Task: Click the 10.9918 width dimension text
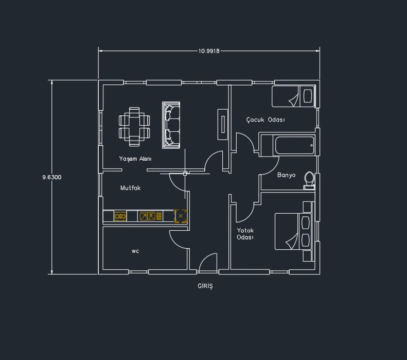[x=209, y=51]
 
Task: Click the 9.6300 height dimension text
[x=52, y=177]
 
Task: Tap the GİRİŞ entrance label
[x=205, y=286]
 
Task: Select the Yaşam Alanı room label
[x=135, y=159]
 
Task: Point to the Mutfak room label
[x=130, y=188]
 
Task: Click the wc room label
[x=135, y=251]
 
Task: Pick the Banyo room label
[x=286, y=175]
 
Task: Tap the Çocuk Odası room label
[x=266, y=119]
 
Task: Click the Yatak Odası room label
[x=245, y=234]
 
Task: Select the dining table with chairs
[x=134, y=127]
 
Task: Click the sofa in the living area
[x=171, y=125]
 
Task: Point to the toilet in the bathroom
[x=309, y=180]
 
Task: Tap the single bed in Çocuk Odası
[x=293, y=96]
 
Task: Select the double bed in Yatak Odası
[x=293, y=232]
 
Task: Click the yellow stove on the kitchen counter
[x=120, y=216]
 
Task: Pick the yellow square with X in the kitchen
[x=181, y=216]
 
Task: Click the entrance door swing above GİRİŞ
[x=208, y=262]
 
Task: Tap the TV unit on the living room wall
[x=223, y=125]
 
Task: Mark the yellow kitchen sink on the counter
[x=148, y=216]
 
